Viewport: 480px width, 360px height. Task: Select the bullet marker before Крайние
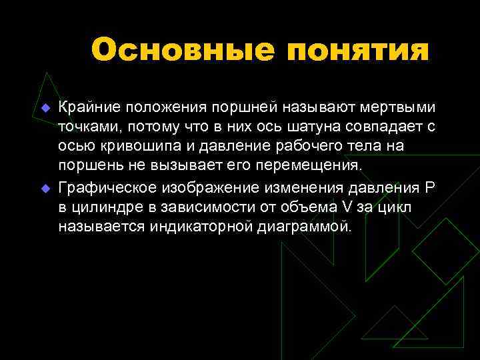point(45,108)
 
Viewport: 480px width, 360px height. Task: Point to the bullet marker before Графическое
point(45,189)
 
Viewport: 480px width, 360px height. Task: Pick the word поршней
point(243,107)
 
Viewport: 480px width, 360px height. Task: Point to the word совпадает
point(387,127)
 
